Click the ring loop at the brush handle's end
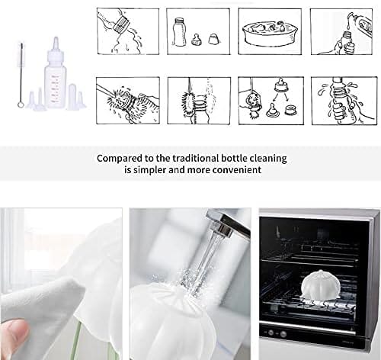(20, 104)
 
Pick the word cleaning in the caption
(268, 159)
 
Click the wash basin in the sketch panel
(270, 34)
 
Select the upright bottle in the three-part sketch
(178, 31)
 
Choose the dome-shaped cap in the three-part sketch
(213, 38)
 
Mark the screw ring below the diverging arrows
(290, 111)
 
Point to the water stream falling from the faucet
(212, 259)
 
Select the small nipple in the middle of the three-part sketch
(196, 40)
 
